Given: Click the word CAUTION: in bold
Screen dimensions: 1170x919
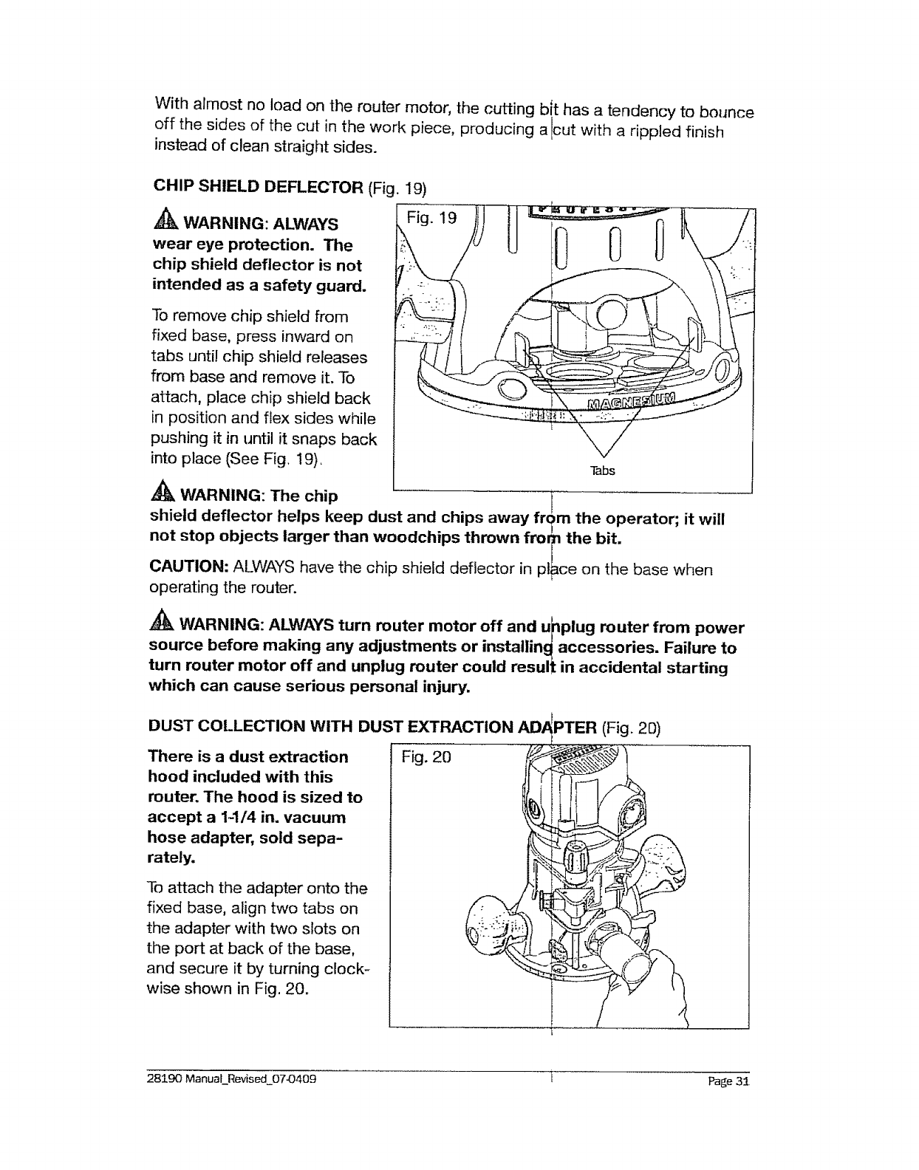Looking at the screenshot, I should click(x=188, y=567).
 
